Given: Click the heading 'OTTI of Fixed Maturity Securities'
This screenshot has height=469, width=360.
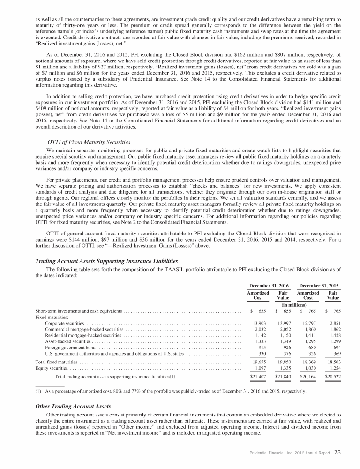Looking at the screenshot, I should point(89,142).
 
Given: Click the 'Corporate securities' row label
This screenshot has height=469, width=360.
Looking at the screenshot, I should point(65,324).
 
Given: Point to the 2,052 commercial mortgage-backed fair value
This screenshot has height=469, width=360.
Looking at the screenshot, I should point(284,331).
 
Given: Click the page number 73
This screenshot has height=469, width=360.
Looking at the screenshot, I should point(337,453).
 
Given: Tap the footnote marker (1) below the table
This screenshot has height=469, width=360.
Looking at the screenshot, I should point(38,390).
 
